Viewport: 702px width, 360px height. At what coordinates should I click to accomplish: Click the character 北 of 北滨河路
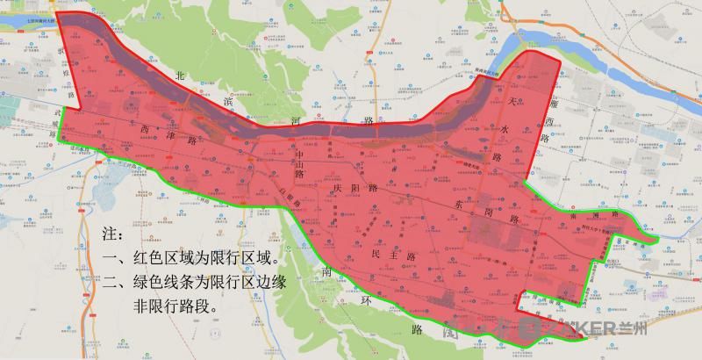coord(181,77)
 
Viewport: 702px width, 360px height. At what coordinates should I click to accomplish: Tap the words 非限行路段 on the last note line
coord(174,307)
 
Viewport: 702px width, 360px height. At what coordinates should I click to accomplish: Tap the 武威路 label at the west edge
coord(61,119)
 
